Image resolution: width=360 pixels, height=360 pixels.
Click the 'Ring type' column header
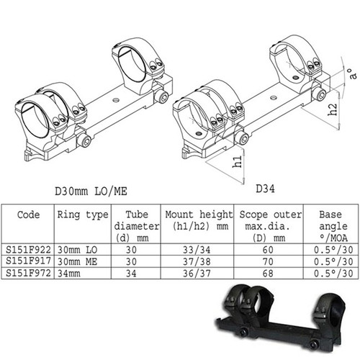[82, 214]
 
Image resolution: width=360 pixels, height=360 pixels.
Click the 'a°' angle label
[348, 73]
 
